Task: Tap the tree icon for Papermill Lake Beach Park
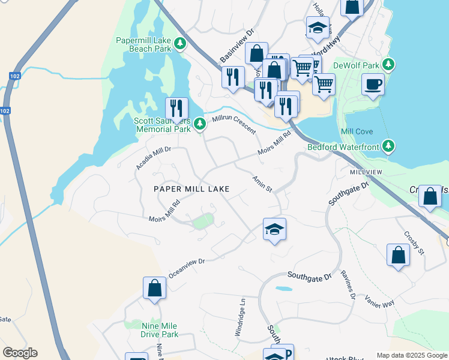(179, 43)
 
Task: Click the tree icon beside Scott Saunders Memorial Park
(200, 124)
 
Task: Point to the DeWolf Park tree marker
(388, 64)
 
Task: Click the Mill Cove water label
(357, 131)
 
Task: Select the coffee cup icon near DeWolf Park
(373, 84)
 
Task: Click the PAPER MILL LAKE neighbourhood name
(191, 188)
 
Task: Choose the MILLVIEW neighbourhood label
(366, 172)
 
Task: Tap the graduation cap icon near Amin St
(274, 229)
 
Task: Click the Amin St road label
(262, 184)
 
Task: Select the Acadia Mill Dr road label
(154, 158)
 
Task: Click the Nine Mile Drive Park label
(160, 330)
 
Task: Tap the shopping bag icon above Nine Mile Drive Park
(154, 288)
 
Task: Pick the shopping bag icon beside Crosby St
(398, 255)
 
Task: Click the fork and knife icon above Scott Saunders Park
(176, 109)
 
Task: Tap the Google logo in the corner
(20, 353)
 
